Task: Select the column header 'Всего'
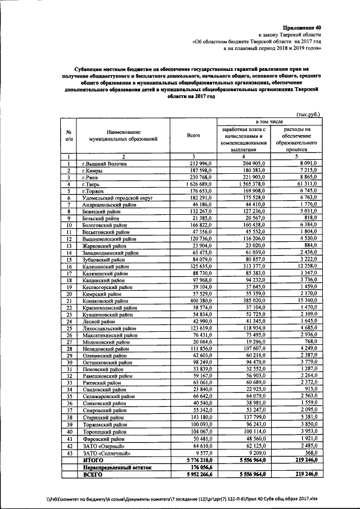coord(193,136)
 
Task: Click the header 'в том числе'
coord(269,121)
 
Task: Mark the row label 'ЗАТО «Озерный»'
coord(102,445)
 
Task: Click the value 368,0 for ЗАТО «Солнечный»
coord(310,453)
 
